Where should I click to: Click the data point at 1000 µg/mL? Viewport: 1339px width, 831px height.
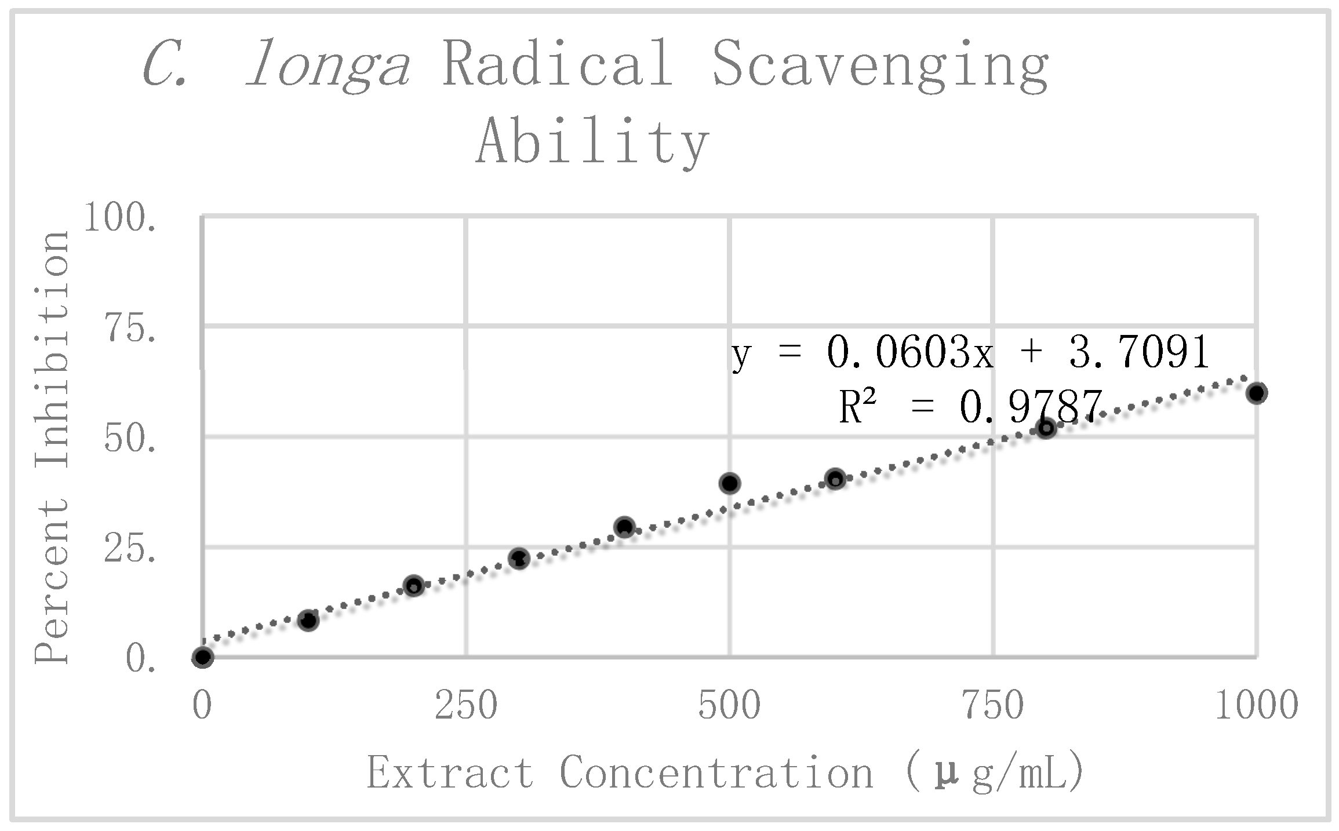pyautogui.click(x=1256, y=393)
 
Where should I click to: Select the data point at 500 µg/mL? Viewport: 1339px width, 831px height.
pyautogui.click(x=730, y=483)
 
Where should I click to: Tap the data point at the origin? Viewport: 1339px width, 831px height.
pyautogui.click(x=203, y=657)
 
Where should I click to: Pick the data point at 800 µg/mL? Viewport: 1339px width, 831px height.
pyautogui.click(x=1046, y=428)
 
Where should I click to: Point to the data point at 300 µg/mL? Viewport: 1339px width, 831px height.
pyautogui.click(x=519, y=559)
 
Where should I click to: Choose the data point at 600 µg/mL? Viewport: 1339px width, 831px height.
pyautogui.click(x=835, y=479)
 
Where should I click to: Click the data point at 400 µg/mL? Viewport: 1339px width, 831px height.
pyautogui.click(x=624, y=527)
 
